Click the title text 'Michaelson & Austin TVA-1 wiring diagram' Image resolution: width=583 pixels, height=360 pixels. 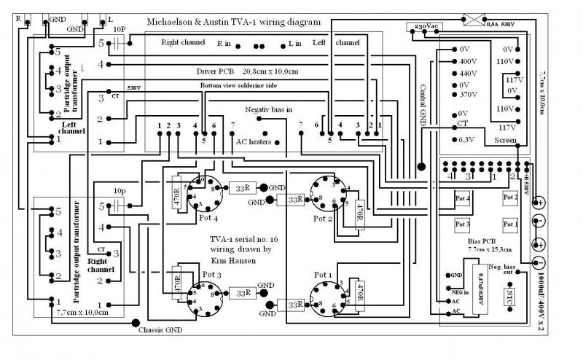point(234,22)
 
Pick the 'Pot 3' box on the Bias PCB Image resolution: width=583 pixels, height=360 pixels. point(463,223)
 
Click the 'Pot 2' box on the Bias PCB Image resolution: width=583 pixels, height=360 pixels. point(510,197)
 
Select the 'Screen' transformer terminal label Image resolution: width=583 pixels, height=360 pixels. point(505,140)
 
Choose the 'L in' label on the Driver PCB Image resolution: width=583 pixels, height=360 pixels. point(294,44)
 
